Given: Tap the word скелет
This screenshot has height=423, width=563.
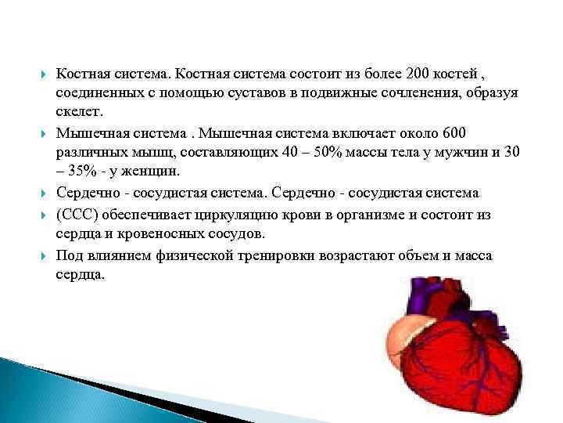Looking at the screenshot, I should (x=79, y=111).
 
